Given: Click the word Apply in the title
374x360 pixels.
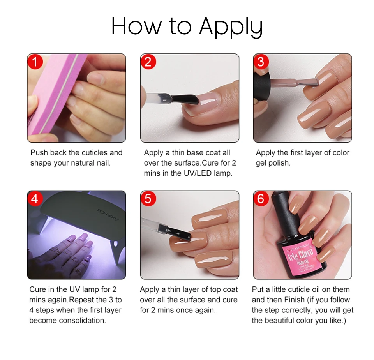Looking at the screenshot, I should pos(230,26).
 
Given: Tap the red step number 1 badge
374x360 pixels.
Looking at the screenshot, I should pos(35,62).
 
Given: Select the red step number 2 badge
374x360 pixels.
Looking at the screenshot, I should pos(148,62).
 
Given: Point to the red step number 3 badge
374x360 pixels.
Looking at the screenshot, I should pos(261,62).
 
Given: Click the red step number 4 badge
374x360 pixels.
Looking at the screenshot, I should pos(35,198).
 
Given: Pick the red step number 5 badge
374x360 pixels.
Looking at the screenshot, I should pos(148,198).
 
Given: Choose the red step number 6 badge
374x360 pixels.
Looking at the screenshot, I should pos(261,198).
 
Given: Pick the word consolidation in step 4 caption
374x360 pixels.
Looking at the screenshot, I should pos(82,320).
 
